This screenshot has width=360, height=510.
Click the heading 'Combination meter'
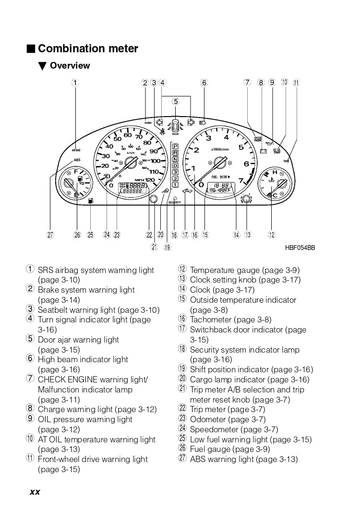point(88,48)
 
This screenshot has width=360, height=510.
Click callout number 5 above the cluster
point(176,101)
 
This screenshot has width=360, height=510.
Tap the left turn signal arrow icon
point(159,122)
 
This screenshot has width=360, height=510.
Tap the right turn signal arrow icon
point(191,122)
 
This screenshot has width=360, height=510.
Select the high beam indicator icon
point(203,122)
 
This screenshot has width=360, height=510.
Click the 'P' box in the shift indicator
point(175,146)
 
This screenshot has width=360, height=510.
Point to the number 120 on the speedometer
point(150,180)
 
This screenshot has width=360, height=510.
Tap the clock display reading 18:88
point(221,185)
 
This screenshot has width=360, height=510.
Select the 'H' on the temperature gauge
point(275,172)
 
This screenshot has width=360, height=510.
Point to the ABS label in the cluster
point(77,160)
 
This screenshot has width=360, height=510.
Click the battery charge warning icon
point(263,152)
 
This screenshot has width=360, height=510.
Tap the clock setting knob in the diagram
point(246,199)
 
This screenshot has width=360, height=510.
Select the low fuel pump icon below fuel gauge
point(91,201)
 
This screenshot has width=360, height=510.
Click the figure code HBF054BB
point(300,248)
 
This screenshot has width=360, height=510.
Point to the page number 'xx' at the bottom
point(35,492)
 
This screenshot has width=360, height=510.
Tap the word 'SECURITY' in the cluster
point(175,202)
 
